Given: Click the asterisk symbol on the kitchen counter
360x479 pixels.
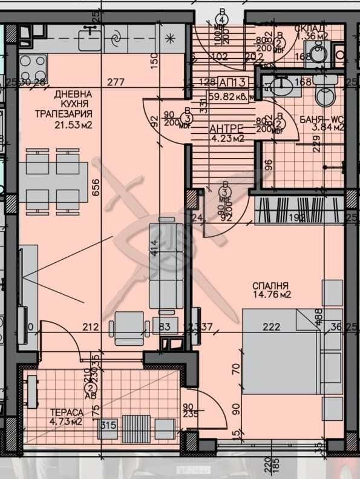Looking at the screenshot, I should tap(170, 39).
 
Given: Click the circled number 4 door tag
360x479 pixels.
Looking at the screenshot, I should tap(223, 19).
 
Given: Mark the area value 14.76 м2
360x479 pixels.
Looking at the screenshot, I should tap(272, 296).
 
